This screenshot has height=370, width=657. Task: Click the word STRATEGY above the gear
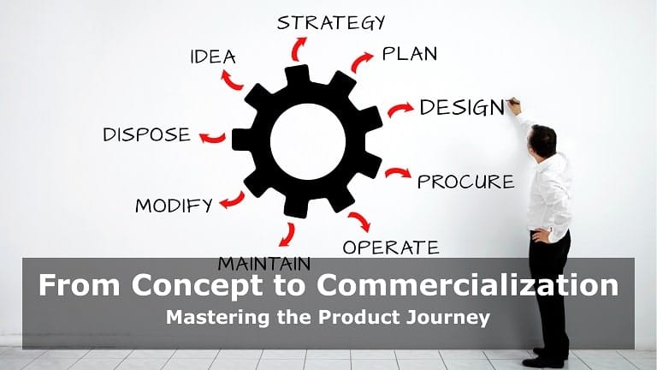pos(330,22)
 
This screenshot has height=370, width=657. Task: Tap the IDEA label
pos(213,57)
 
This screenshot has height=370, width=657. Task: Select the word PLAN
pos(410,54)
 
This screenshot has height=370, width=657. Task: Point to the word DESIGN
pos(462,107)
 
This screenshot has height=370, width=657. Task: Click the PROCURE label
pos(466,182)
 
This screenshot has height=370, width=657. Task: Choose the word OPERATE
pos(391,248)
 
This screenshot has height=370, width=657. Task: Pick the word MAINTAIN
pos(264,264)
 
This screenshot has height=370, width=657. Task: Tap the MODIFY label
pos(174,206)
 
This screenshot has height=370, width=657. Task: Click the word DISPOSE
pos(146,134)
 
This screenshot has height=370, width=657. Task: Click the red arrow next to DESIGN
pos(400,109)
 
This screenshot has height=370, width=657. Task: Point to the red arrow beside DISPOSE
pos(213,138)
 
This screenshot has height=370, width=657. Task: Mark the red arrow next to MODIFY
pos(234,201)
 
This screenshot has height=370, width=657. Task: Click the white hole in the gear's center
pos(308,142)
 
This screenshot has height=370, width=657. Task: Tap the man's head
pos(542,140)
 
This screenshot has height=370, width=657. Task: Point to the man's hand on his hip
pos(542,236)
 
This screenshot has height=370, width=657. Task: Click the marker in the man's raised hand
pos(513,101)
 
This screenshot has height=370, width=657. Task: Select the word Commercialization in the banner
pos(467,285)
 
